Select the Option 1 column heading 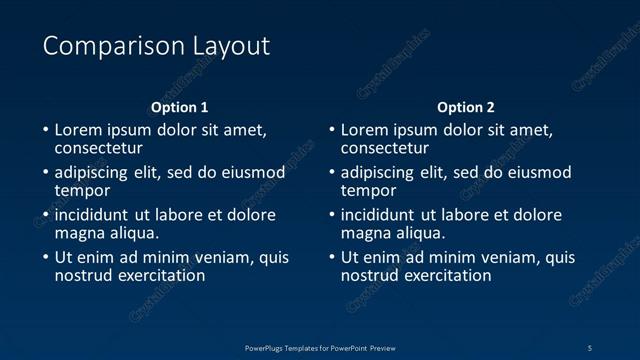(180, 107)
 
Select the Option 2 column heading (466, 107)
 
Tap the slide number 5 (590, 347)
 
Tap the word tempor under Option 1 (82, 190)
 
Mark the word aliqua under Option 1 (132, 233)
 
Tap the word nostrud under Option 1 (85, 275)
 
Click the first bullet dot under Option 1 (45, 131)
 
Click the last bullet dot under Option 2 (332, 258)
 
